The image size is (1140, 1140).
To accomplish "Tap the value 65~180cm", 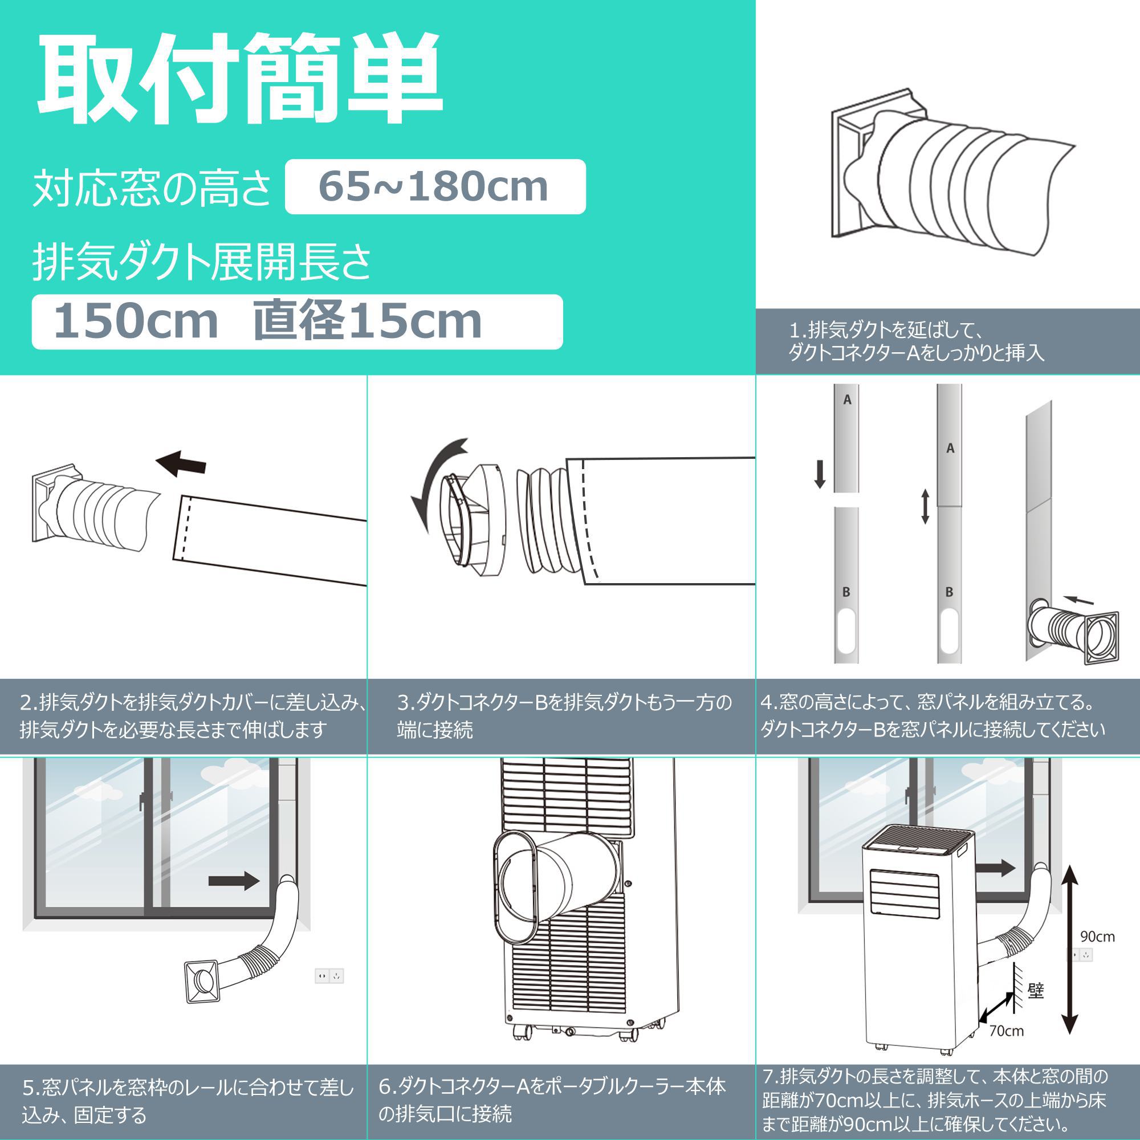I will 434,186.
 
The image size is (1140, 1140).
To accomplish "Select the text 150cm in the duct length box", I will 136,321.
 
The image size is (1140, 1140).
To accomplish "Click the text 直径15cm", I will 367,321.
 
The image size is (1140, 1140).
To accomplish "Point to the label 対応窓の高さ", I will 152,188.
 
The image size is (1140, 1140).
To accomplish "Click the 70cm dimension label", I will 1007,1031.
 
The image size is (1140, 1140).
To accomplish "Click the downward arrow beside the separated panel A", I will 820,474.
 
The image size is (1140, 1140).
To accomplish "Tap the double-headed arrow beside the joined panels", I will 925,507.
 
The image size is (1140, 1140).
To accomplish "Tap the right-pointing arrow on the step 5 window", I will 234,882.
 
